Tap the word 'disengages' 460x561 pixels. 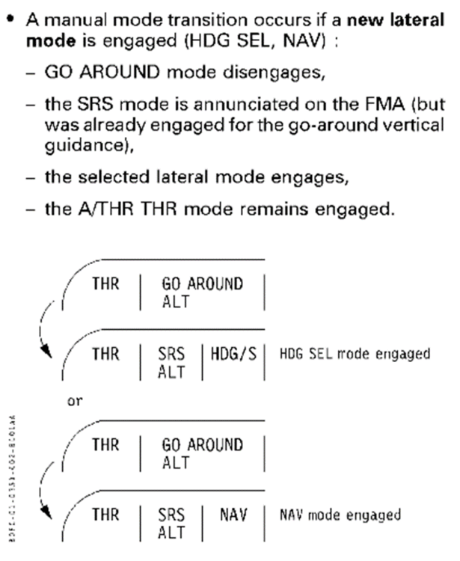254,73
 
